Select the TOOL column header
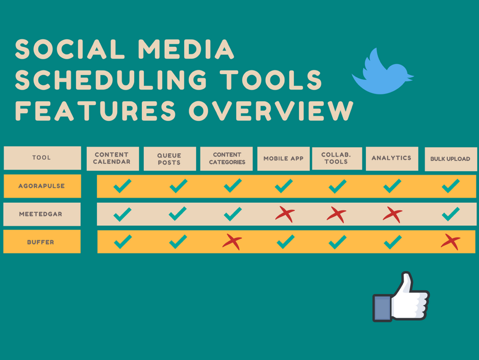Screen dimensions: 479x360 [42, 158]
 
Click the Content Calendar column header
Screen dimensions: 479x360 [112, 158]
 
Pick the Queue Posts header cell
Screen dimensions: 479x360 [169, 159]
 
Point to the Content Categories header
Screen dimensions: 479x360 [226, 159]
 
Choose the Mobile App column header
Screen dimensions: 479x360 [283, 159]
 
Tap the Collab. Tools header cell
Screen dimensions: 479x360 [337, 158]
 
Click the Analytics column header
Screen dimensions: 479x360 [392, 158]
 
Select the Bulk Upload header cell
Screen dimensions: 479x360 [450, 159]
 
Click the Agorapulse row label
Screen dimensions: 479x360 [42, 186]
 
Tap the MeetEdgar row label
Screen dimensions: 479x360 [42, 214]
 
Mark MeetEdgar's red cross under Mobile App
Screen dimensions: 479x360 [285, 214]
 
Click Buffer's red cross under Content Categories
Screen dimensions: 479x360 [233, 242]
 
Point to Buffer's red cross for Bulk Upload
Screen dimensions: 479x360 [451, 242]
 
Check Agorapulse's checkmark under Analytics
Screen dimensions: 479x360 [392, 186]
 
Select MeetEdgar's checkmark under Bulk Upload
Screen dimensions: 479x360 [450, 214]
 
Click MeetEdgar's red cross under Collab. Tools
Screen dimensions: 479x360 [337, 214]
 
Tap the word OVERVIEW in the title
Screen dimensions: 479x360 [271, 110]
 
